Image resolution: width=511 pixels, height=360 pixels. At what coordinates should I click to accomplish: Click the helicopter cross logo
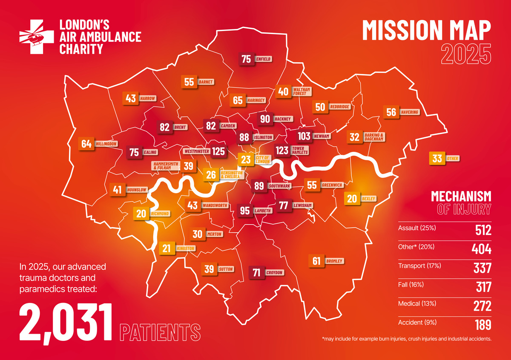[x=37, y=37]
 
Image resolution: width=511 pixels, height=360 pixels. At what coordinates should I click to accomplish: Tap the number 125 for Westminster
[x=218, y=151]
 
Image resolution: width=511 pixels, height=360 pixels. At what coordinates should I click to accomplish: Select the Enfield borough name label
[x=263, y=59]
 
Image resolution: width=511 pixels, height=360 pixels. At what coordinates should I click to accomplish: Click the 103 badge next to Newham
[x=304, y=136]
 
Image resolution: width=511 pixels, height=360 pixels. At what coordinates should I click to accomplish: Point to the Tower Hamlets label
[x=300, y=151]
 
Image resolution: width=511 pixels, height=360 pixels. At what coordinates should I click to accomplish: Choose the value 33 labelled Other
[x=437, y=159]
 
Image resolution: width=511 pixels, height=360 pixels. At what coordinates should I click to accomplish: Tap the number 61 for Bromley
[x=316, y=261]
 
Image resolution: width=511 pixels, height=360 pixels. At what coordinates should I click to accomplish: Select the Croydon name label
[x=274, y=272]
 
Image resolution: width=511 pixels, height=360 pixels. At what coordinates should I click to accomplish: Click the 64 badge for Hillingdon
[x=86, y=144]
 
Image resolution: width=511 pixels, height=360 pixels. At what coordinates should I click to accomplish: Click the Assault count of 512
[x=483, y=230]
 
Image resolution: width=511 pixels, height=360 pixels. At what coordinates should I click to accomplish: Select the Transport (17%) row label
[x=419, y=266]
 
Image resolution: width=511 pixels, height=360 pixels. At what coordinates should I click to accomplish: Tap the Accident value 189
[x=483, y=324]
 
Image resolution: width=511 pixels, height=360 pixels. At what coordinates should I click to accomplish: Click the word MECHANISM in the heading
[x=461, y=196]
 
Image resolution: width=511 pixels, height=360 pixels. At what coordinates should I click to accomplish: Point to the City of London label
[x=262, y=160]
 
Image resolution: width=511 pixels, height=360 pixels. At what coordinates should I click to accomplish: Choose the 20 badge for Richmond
[x=141, y=213]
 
